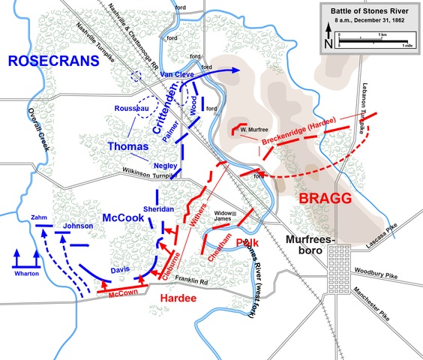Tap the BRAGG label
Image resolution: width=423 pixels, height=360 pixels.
(x=324, y=199)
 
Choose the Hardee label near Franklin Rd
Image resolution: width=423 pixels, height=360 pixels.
(x=177, y=298)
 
